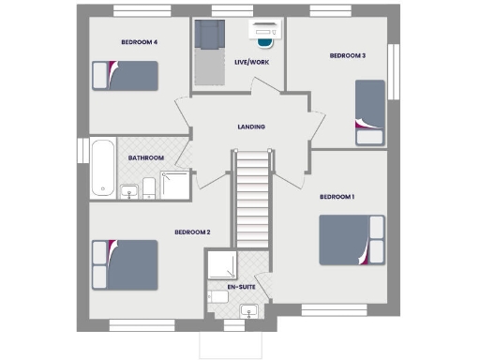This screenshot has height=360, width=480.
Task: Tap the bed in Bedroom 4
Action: (x=124, y=75)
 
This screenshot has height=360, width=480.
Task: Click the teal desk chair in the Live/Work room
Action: (x=263, y=40)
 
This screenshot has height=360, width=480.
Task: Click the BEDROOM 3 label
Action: (x=347, y=56)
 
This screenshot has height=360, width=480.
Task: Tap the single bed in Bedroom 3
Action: (x=369, y=112)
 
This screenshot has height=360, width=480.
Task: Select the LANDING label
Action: (x=250, y=127)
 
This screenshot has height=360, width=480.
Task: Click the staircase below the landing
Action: (x=251, y=202)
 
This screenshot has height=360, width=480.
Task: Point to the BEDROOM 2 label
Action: (x=192, y=232)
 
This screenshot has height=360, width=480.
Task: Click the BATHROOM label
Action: (x=146, y=158)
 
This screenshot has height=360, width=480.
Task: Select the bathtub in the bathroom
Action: (x=101, y=169)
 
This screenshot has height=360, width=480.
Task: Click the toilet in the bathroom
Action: (x=148, y=191)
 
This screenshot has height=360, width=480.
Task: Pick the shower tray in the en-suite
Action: (x=220, y=264)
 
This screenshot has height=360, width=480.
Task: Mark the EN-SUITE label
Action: (x=240, y=286)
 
